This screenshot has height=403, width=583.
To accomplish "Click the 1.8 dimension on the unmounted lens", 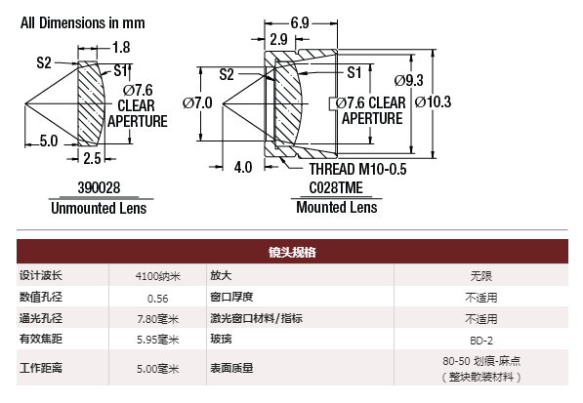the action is click(x=121, y=47).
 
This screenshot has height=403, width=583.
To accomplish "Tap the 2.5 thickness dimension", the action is click(x=92, y=159).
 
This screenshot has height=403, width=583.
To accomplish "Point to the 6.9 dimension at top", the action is click(x=300, y=23).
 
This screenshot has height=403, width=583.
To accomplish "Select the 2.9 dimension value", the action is click(x=279, y=39).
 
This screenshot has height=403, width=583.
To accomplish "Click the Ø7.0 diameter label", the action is click(x=197, y=102).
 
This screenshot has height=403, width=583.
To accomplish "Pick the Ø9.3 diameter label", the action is click(x=408, y=80).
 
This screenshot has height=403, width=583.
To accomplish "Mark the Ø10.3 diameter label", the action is click(x=434, y=101).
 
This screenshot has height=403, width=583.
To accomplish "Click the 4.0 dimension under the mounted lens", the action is click(x=243, y=167).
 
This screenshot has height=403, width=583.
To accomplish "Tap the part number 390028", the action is click(x=99, y=187).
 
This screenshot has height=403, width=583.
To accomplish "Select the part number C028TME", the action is click(x=336, y=187).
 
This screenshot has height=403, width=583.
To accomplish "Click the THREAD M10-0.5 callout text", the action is click(x=357, y=170).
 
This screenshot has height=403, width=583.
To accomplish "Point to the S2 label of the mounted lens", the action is click(x=227, y=74).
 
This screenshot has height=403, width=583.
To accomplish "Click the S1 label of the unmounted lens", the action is click(x=121, y=70).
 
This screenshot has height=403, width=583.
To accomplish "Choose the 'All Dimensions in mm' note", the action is click(x=83, y=23).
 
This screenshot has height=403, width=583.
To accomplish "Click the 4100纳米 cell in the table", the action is click(x=157, y=276).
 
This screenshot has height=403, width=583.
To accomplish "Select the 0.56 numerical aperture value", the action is click(x=157, y=299).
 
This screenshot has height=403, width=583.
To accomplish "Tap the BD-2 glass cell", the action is click(x=481, y=341).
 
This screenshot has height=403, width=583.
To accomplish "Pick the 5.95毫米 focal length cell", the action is click(x=157, y=340).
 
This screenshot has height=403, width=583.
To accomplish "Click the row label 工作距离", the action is click(x=41, y=368).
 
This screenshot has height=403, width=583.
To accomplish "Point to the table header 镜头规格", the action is click(x=292, y=252).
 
